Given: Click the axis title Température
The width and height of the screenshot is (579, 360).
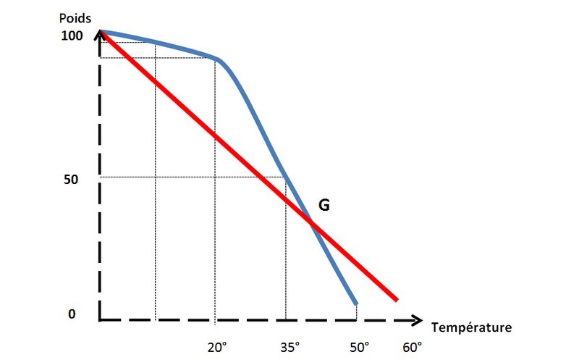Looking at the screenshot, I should click(x=472, y=327).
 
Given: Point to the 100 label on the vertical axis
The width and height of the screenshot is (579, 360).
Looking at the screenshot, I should click(x=73, y=35).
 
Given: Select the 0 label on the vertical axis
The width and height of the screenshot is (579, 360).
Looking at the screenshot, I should click(x=72, y=314).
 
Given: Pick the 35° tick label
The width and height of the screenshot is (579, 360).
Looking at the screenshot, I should click(x=289, y=347).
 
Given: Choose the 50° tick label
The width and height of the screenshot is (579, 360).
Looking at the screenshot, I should click(x=360, y=347).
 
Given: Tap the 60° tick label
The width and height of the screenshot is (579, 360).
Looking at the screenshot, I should click(x=412, y=347).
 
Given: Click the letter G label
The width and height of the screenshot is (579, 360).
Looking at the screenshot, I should click(x=324, y=206).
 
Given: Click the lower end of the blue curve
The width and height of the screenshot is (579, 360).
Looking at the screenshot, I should click(x=355, y=304).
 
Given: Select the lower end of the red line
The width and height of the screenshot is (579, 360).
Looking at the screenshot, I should click(x=397, y=298).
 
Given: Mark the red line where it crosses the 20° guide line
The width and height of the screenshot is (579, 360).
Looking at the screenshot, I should click(x=215, y=135).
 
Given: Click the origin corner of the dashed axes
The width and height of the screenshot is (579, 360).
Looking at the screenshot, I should click(x=100, y=319).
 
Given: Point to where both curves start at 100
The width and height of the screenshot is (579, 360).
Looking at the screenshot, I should click(x=102, y=32).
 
